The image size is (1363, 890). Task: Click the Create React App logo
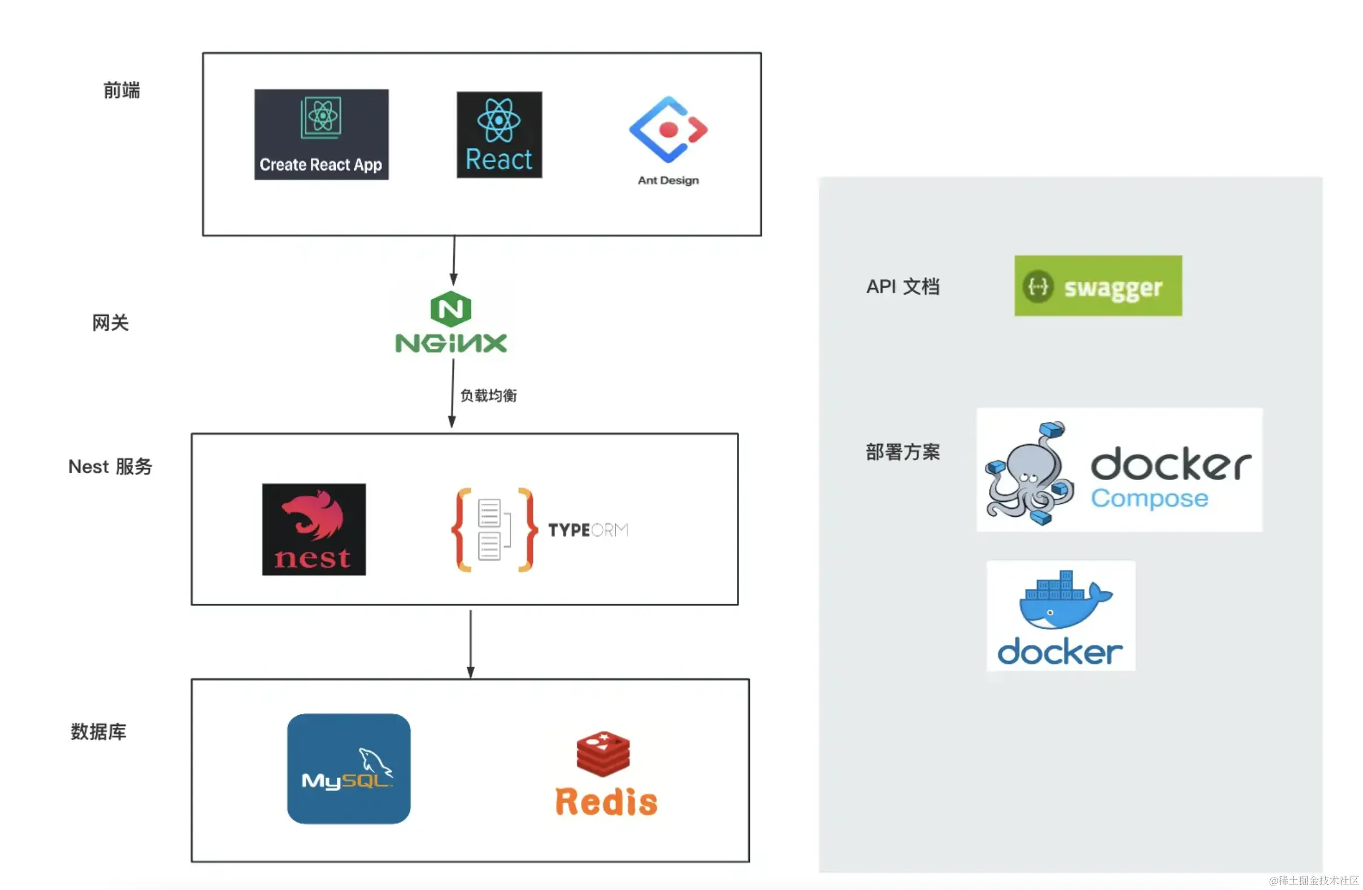[x=322, y=134]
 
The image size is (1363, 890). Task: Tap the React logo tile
[x=499, y=135]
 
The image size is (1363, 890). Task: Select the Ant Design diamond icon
[x=668, y=129]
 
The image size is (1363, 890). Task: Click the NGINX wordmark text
[x=451, y=343]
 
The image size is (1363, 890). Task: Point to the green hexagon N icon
[x=451, y=309]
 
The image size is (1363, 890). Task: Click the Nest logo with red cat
[x=314, y=529]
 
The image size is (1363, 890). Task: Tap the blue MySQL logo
[x=348, y=768]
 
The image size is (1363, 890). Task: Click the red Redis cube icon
[x=603, y=753]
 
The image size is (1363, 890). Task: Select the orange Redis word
[x=606, y=801]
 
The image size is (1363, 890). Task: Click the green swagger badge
[x=1098, y=286]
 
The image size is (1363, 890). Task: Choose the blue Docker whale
[x=1064, y=602]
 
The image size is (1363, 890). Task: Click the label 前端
[x=121, y=90]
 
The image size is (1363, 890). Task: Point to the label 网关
[x=110, y=323]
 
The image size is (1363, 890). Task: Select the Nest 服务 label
[x=110, y=466]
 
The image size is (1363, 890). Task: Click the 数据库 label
[x=98, y=732]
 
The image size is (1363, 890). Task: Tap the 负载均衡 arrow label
[x=488, y=395]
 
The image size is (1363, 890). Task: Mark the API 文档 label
[x=902, y=286]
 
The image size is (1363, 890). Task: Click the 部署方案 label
[x=902, y=452]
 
